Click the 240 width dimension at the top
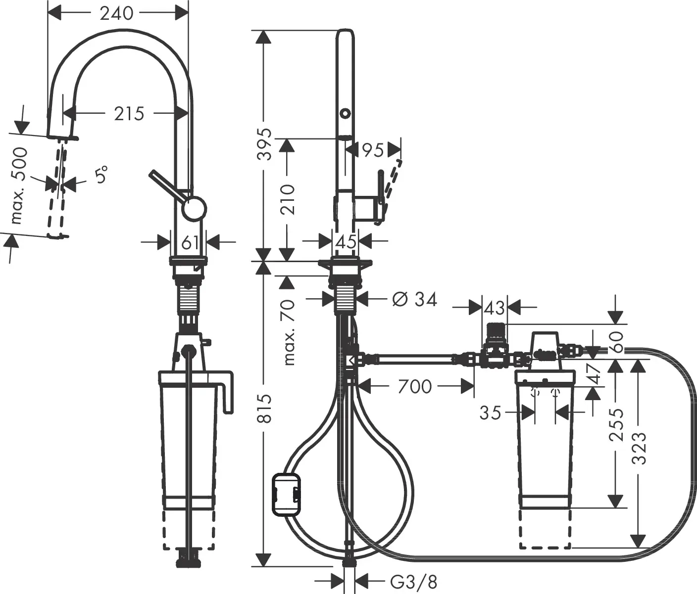tap(117, 13)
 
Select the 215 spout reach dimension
tap(129, 114)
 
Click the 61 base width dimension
tap(190, 242)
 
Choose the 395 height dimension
tap(266, 144)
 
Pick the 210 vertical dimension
tap(287, 199)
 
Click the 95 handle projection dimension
tap(373, 149)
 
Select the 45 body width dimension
tap(346, 242)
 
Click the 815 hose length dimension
tap(266, 409)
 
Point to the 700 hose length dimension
tap(415, 386)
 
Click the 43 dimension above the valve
tap(494, 308)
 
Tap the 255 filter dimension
tap(615, 424)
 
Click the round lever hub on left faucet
tap(194, 208)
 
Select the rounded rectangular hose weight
tap(286, 494)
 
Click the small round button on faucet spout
tap(345, 113)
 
